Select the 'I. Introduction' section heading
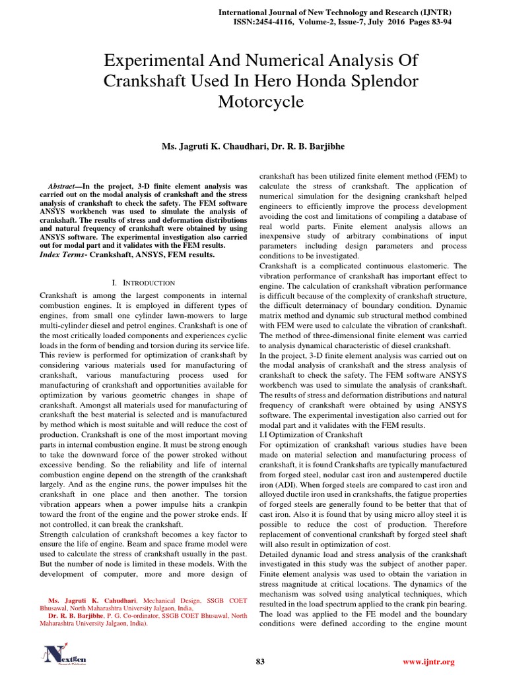[x=144, y=282]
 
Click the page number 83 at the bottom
[x=259, y=661]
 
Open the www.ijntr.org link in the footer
[x=429, y=661]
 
